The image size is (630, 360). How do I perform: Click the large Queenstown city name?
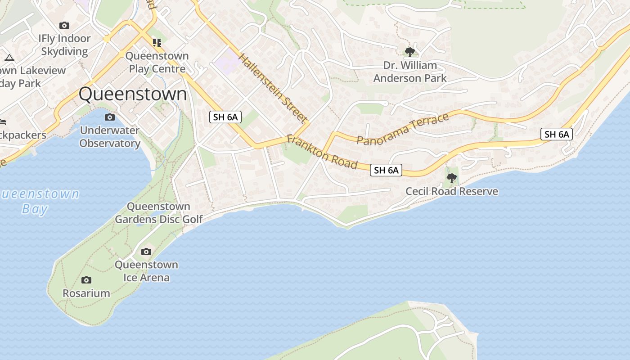tap(133, 94)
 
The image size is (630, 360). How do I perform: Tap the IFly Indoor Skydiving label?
tap(65, 45)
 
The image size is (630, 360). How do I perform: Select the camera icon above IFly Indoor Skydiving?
tap(64, 25)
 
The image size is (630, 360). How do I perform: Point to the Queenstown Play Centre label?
tap(157, 62)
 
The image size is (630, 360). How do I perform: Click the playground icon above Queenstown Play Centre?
tap(157, 43)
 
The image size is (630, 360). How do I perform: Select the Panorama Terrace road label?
tap(403, 129)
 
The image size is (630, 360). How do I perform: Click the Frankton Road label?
tap(322, 152)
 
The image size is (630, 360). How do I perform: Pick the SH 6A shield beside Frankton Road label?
tap(386, 170)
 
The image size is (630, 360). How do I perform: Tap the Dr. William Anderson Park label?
tap(410, 72)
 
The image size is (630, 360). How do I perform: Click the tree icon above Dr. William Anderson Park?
tap(409, 52)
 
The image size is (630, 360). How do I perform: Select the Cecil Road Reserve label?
tap(452, 191)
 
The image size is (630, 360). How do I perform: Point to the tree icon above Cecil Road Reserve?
tap(451, 178)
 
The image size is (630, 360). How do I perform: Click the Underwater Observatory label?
tap(110, 137)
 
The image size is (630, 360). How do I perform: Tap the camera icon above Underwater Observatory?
tap(109, 117)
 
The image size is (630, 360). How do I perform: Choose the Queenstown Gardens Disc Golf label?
tap(159, 213)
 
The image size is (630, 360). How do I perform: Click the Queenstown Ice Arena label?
tap(146, 271)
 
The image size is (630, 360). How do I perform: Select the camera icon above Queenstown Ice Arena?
tap(146, 252)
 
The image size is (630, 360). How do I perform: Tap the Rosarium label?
tap(86, 293)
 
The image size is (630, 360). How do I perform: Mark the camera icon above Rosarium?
tap(86, 280)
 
